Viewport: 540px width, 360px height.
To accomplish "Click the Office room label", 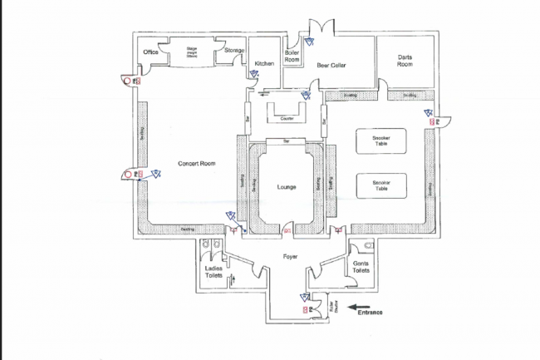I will tap(150, 52).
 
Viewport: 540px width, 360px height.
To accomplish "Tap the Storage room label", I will tap(234, 51).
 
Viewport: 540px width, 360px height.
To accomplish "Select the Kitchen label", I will tap(264, 63).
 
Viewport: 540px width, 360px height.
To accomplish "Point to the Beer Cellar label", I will tap(331, 65).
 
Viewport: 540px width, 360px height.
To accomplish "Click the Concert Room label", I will tap(197, 163).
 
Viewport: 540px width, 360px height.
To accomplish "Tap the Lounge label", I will tap(287, 186).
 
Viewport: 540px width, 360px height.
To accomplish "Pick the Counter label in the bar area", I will tap(287, 118).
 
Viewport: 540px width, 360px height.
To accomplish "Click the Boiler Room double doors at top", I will tap(321, 27).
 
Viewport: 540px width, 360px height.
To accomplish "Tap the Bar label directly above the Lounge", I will tap(287, 142).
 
